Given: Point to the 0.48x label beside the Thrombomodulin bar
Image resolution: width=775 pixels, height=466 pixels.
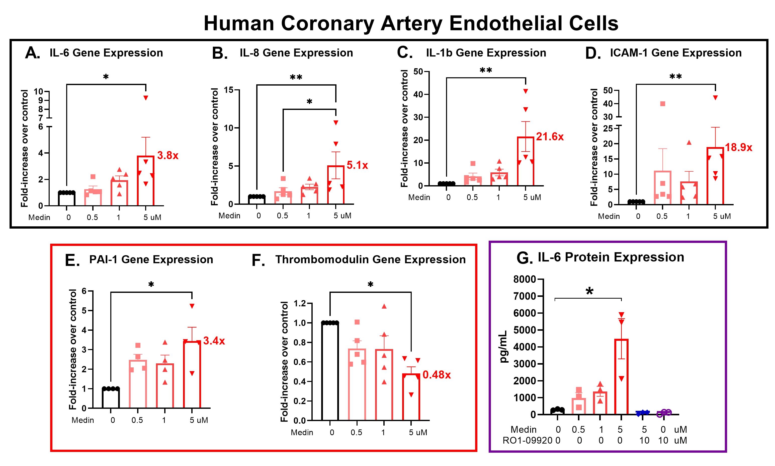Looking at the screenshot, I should (437, 375).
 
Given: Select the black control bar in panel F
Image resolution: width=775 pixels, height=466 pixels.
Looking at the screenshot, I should (330, 371).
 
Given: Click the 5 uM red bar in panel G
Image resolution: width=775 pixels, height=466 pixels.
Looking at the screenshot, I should (621, 377).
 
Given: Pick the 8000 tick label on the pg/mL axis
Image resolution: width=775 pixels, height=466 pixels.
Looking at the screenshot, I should (524, 279).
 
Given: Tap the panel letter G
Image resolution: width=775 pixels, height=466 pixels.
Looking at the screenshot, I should (524, 258).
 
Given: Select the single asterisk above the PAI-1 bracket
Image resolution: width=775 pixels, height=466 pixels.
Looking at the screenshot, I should (151, 285).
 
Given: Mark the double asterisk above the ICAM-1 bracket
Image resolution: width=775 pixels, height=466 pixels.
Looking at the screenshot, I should (675, 77).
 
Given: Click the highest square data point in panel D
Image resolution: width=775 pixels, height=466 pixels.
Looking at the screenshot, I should (663, 104).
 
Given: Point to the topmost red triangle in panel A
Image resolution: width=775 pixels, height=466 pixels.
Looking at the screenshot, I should (146, 98).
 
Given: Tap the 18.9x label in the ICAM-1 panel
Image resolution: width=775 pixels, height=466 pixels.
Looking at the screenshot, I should (738, 147).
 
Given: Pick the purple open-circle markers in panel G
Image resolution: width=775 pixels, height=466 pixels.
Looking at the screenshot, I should (664, 413).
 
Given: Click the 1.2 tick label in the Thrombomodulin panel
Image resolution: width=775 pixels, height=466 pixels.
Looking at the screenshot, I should (299, 303).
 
